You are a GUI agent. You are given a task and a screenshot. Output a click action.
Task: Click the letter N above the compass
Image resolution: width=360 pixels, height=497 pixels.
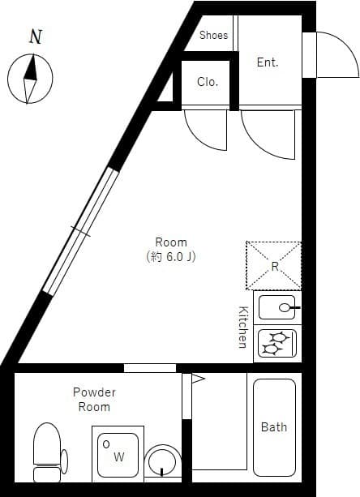pos(36,36)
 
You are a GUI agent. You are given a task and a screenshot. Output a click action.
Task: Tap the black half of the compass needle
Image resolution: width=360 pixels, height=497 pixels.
pos(31,68)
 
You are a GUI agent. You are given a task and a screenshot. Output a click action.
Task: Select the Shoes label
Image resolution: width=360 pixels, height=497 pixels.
pos(213,35)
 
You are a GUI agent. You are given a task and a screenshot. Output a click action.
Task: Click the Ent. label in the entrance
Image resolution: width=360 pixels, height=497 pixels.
pos(268,62)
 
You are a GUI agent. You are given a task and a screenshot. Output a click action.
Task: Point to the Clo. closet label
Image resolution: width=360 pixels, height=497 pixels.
pos(208,82)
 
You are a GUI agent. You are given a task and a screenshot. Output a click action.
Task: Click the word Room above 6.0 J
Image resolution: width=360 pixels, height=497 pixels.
pos(171,242)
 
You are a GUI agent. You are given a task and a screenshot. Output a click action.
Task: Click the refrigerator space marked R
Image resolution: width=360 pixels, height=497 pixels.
pos(274,266)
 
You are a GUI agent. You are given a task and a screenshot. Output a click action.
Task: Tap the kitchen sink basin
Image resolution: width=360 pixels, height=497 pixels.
pos(276,307)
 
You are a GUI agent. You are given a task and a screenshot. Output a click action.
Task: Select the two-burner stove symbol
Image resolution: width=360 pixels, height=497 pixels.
pos(277,343)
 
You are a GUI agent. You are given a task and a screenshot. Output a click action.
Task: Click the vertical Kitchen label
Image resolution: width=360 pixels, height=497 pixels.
pos(242,327)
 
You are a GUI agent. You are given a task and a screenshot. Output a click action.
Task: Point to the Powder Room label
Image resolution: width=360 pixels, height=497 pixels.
pos(94,400)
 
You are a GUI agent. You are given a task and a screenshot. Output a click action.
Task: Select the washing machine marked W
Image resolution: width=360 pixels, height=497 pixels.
pos(118,455)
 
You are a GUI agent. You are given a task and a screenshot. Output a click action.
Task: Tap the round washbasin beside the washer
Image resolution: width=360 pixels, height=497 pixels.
pos(163,461)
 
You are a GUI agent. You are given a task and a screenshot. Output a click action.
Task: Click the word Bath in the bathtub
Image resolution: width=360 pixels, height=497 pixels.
pos(274,427)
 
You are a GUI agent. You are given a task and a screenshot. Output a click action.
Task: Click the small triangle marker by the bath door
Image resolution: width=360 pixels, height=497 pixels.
pos(198,378)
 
